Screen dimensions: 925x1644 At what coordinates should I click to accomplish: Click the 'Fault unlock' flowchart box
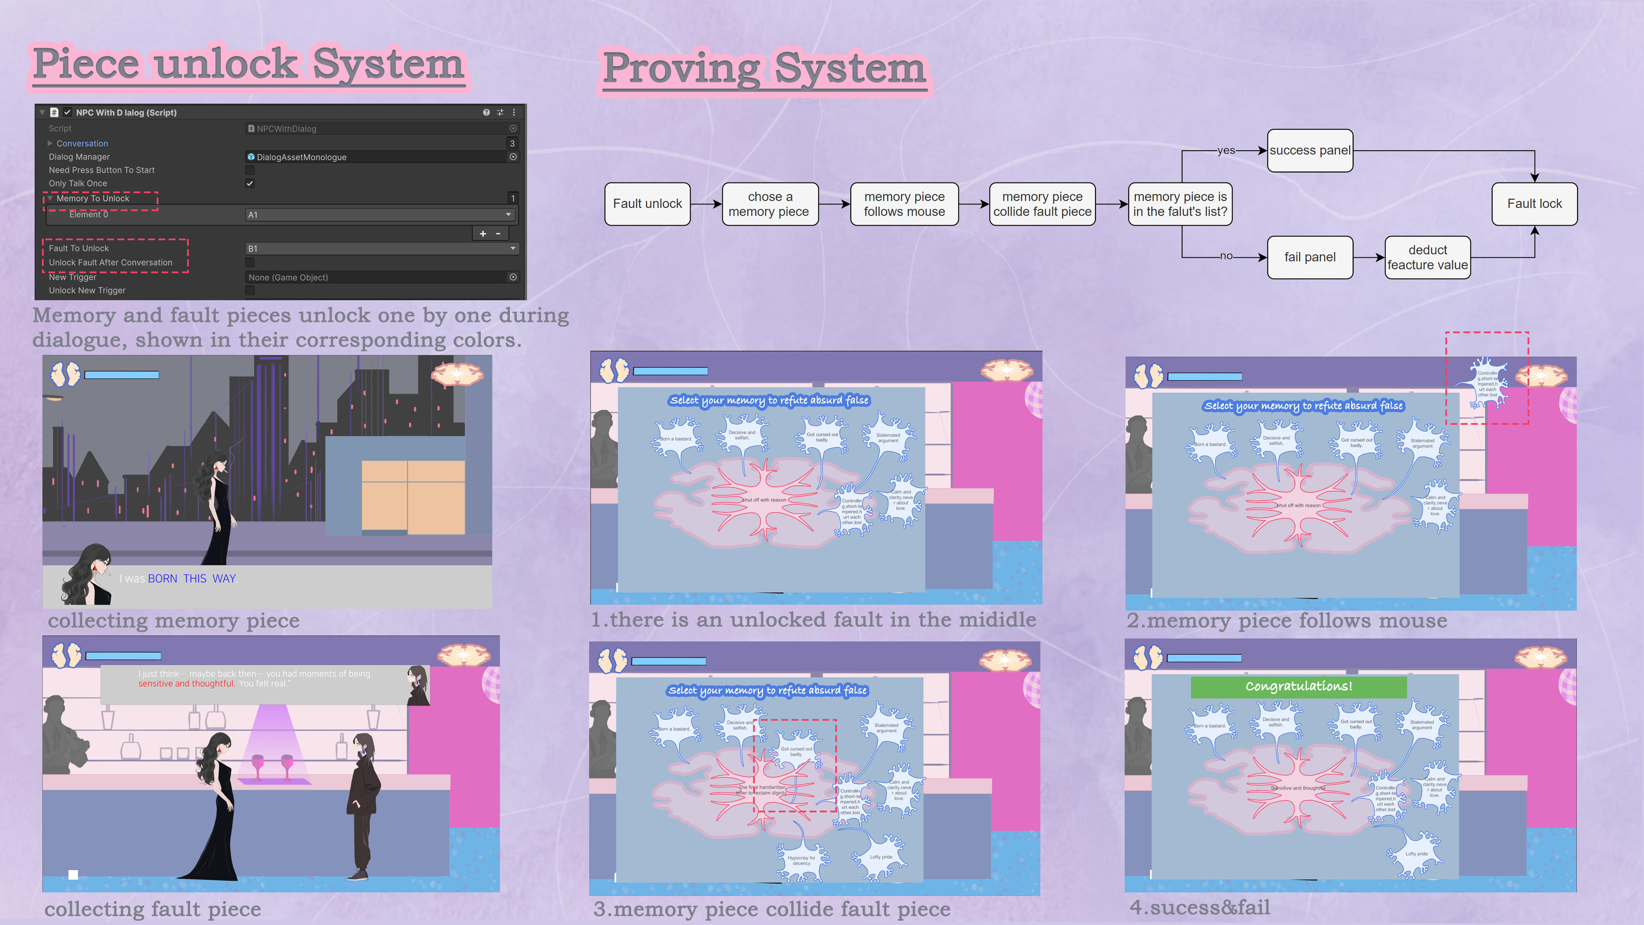tap(647, 204)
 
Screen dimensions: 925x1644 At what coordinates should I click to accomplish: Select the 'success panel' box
tap(1310, 151)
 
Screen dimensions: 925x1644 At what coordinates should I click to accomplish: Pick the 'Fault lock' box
tap(1534, 204)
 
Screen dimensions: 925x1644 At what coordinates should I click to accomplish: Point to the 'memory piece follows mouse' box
tap(904, 204)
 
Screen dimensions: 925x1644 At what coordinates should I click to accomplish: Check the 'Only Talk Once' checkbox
tap(250, 183)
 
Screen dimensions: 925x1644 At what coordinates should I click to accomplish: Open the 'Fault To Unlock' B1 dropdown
tap(381, 248)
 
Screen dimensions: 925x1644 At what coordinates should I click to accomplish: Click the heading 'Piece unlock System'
tap(248, 64)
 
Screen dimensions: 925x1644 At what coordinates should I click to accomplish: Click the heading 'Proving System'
tap(764, 69)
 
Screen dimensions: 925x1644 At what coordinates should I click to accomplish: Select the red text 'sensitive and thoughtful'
tap(186, 684)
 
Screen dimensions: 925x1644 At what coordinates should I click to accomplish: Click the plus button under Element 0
tap(483, 234)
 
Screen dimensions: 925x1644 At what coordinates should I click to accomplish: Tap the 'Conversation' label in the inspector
tap(82, 143)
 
